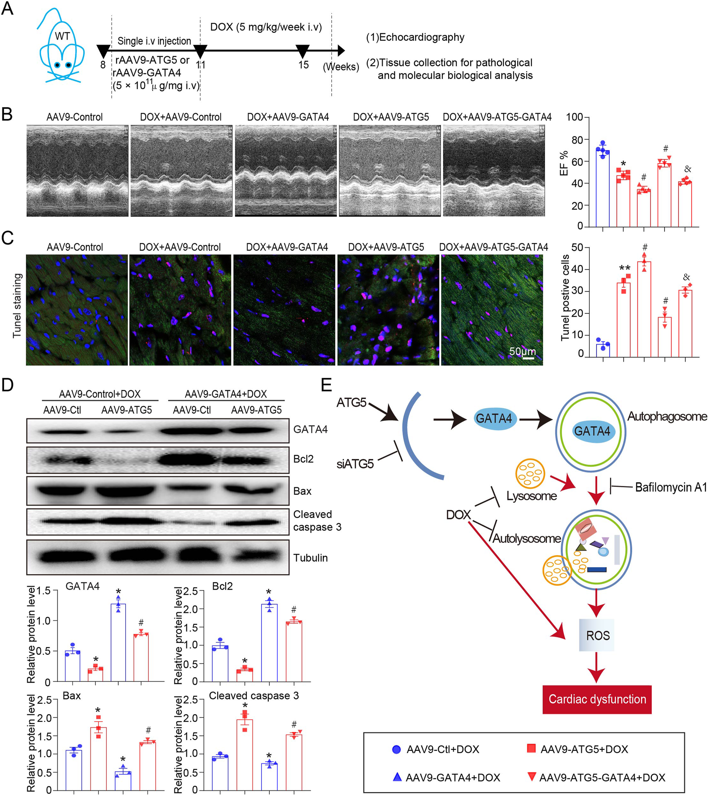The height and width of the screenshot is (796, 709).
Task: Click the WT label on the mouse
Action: [x=62, y=36]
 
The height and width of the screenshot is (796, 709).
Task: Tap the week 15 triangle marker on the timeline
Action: [x=302, y=51]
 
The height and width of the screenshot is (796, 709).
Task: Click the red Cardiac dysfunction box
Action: [x=597, y=699]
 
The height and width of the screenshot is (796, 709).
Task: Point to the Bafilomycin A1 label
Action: [x=671, y=487]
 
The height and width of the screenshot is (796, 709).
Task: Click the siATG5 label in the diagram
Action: [x=355, y=464]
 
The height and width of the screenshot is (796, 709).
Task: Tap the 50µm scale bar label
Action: [x=522, y=351]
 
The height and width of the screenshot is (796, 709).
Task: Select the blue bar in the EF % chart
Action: [x=602, y=188]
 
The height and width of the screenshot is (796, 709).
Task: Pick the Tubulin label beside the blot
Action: [x=310, y=558]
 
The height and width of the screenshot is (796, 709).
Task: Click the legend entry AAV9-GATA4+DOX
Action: [x=453, y=778]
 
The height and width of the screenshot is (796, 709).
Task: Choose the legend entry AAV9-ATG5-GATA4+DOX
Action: [x=602, y=778]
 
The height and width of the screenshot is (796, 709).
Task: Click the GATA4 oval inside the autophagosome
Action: [x=592, y=431]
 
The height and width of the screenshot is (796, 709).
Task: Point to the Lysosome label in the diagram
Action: [x=531, y=496]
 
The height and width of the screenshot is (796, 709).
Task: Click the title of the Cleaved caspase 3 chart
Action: [x=254, y=696]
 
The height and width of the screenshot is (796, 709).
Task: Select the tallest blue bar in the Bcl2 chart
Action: [x=269, y=642]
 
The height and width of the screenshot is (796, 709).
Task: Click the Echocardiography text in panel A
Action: [x=421, y=38]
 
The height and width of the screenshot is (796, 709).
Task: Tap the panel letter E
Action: [x=326, y=385]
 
